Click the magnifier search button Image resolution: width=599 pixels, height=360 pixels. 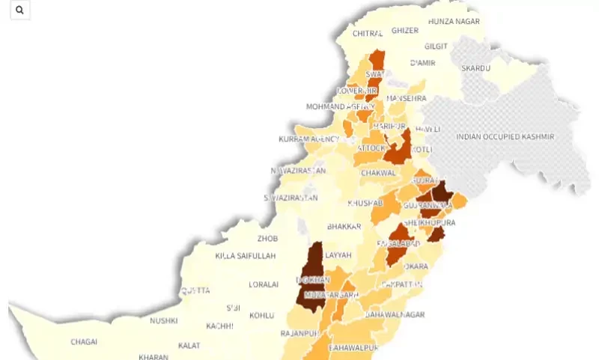click(19, 10)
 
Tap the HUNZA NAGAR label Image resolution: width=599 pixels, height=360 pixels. click(454, 22)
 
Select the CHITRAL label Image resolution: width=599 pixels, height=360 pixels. click(367, 34)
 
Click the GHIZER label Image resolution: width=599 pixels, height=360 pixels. click(405, 31)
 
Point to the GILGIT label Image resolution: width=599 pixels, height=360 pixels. click(436, 46)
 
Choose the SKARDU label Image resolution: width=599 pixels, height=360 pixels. click(475, 68)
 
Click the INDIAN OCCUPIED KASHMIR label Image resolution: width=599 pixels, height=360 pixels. click(505, 137)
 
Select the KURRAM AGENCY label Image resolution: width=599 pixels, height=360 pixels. click(308, 140)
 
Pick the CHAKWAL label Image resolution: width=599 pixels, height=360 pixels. click(378, 173)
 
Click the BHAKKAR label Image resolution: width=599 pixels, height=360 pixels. click(344, 226)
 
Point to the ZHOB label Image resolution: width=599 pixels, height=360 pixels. click(267, 239)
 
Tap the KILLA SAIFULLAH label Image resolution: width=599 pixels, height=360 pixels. click(246, 256)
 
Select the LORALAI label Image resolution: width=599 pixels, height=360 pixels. click(264, 284)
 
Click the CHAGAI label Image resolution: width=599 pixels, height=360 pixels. click(84, 342)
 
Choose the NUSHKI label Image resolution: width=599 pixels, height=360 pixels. click(163, 321)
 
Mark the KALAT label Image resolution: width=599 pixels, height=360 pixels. click(189, 346)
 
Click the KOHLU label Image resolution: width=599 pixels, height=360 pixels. click(262, 315)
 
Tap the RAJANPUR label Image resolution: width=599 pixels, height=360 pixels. click(294, 332)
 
